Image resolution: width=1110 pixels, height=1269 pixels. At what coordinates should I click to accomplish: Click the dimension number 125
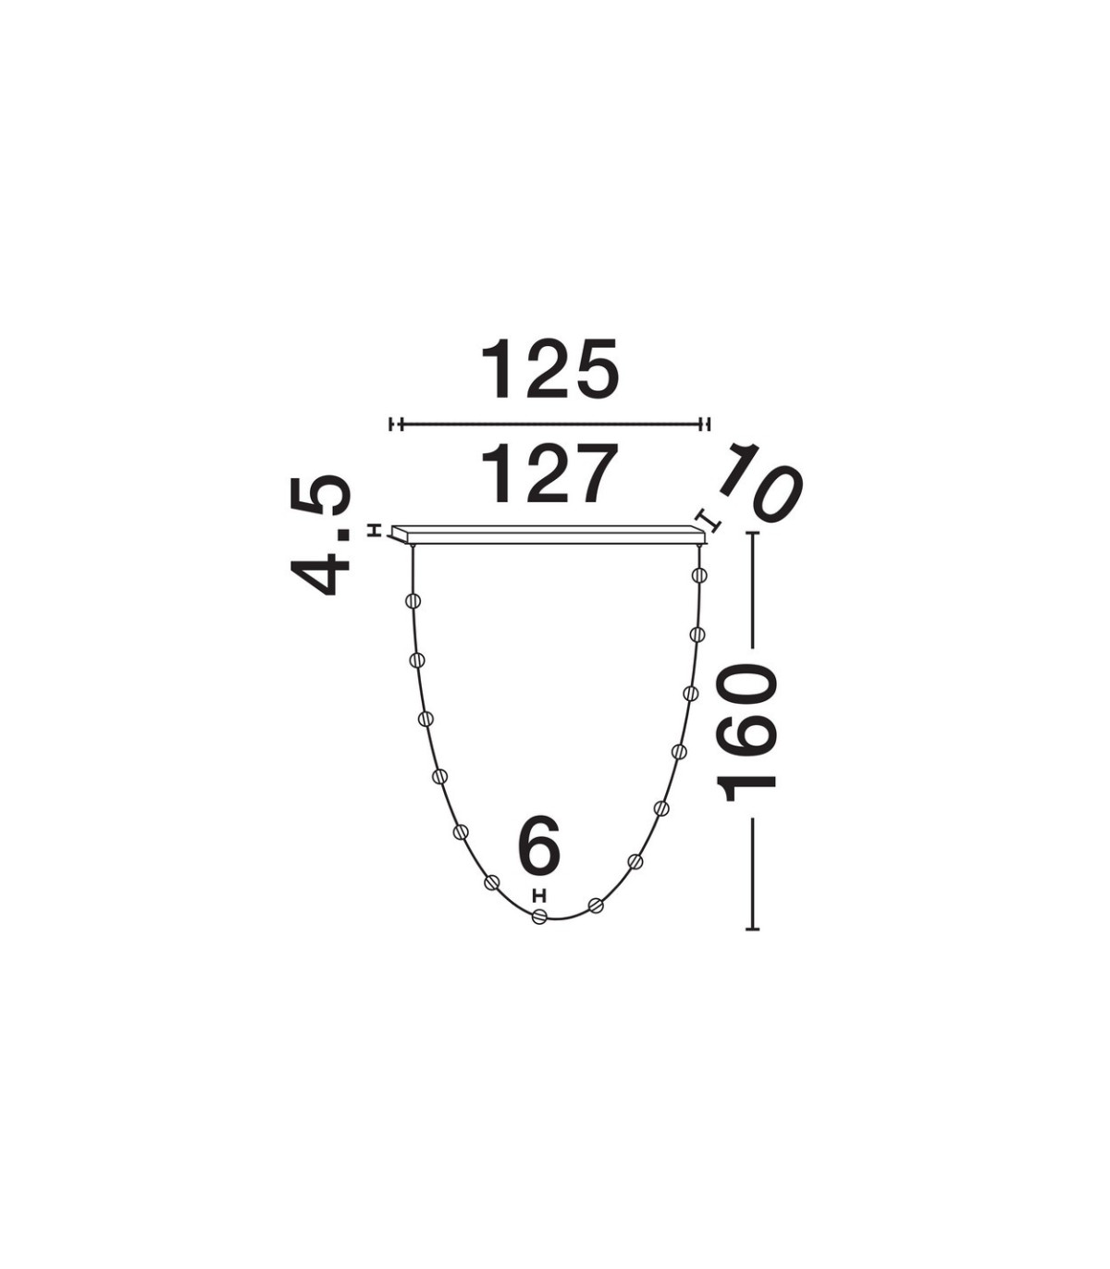pyautogui.click(x=550, y=369)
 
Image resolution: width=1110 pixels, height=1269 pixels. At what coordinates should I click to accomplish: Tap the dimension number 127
pyautogui.click(x=550, y=474)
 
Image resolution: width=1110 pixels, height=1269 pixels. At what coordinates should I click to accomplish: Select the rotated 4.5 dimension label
pyautogui.click(x=321, y=536)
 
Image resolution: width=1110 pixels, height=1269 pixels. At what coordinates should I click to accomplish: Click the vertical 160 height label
pyautogui.click(x=746, y=733)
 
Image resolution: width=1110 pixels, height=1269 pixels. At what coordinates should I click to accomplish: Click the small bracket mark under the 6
pyautogui.click(x=539, y=894)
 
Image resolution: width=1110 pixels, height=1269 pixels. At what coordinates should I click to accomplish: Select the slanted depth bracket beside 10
pyautogui.click(x=709, y=519)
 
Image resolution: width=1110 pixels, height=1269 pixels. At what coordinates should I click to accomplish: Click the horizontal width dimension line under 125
pyautogui.click(x=549, y=425)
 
